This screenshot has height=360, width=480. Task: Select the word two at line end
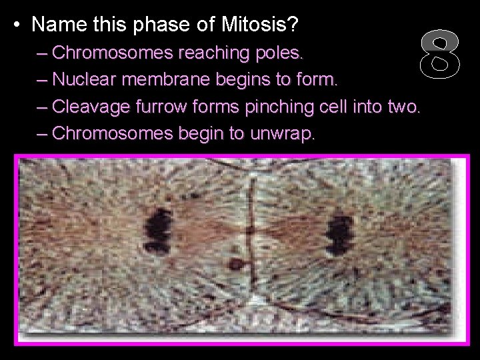click(403, 106)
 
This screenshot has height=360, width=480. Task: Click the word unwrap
click(281, 133)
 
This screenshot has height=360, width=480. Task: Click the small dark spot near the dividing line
click(235, 263)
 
